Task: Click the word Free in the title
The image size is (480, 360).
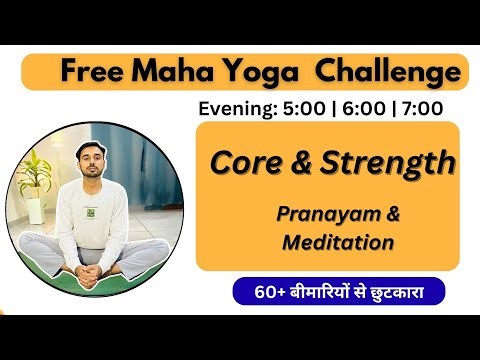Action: click(x=87, y=72)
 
